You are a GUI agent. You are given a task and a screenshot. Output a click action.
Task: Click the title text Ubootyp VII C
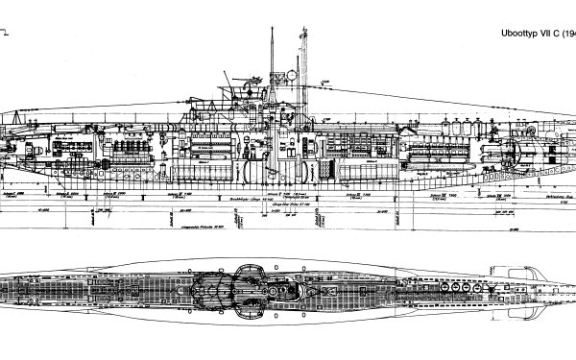pyautogui.click(x=525, y=30)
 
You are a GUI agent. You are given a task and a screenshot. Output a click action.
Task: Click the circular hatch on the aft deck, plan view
pyautogui.click(x=115, y=285)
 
